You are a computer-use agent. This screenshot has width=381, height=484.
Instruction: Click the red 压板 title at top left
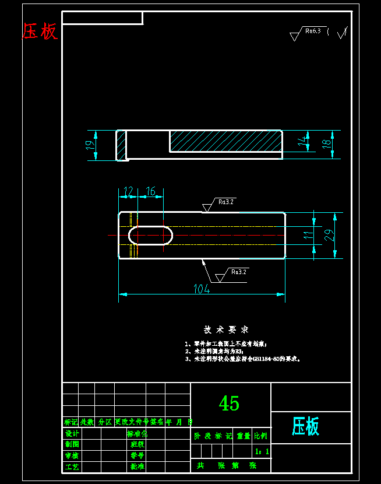(40, 31)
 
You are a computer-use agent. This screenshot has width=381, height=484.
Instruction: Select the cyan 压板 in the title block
(305, 427)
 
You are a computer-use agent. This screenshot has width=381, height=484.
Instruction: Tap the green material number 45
(229, 403)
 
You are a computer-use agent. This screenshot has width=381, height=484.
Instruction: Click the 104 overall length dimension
(202, 289)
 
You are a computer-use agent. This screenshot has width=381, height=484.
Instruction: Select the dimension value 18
(327, 142)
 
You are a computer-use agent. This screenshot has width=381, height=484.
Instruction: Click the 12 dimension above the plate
(128, 191)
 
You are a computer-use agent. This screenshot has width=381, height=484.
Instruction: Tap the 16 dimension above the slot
(150, 191)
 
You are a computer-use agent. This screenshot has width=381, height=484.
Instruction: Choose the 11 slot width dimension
(308, 235)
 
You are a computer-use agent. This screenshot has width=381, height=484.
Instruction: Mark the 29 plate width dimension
(329, 235)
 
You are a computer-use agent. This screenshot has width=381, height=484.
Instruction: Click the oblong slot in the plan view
(150, 235)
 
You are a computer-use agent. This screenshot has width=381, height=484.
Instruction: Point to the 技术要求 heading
(226, 329)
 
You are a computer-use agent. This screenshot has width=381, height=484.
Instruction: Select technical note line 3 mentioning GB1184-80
(242, 359)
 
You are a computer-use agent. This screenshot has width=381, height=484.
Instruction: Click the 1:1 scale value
(262, 451)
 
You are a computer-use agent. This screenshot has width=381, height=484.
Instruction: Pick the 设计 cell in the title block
(72, 434)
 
